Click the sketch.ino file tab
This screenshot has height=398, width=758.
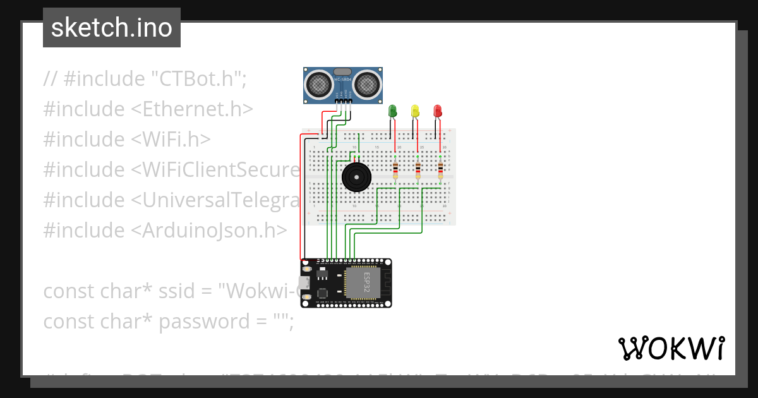(112, 28)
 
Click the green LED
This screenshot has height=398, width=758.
(392, 111)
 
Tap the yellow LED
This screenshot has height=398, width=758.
(415, 111)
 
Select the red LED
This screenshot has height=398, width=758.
(438, 111)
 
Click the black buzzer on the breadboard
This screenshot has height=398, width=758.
(356, 177)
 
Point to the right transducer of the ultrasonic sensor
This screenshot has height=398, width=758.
(366, 83)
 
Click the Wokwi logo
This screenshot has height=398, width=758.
(671, 348)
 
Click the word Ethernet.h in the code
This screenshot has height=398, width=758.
(192, 109)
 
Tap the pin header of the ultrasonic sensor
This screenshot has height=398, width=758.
(343, 100)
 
